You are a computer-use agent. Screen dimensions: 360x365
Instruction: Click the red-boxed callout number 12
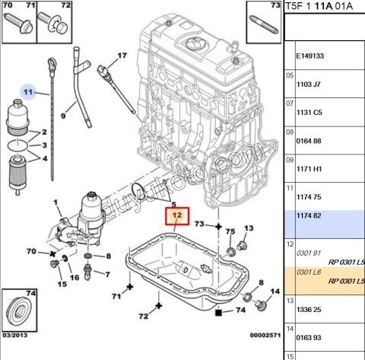point(176,216)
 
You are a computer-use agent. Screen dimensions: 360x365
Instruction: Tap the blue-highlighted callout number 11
point(28,93)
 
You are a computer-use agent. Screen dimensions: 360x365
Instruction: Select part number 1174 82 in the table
point(309,217)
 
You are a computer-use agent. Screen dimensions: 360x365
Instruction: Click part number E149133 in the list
point(309,56)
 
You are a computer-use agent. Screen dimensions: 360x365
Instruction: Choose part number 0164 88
point(309,141)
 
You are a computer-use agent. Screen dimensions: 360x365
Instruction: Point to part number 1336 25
point(309,310)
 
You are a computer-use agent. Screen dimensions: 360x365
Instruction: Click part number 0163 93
point(309,338)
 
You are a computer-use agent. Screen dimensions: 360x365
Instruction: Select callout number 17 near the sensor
point(120,56)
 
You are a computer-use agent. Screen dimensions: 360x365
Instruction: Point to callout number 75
point(230,231)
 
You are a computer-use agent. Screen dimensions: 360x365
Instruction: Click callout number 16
point(75,278)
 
